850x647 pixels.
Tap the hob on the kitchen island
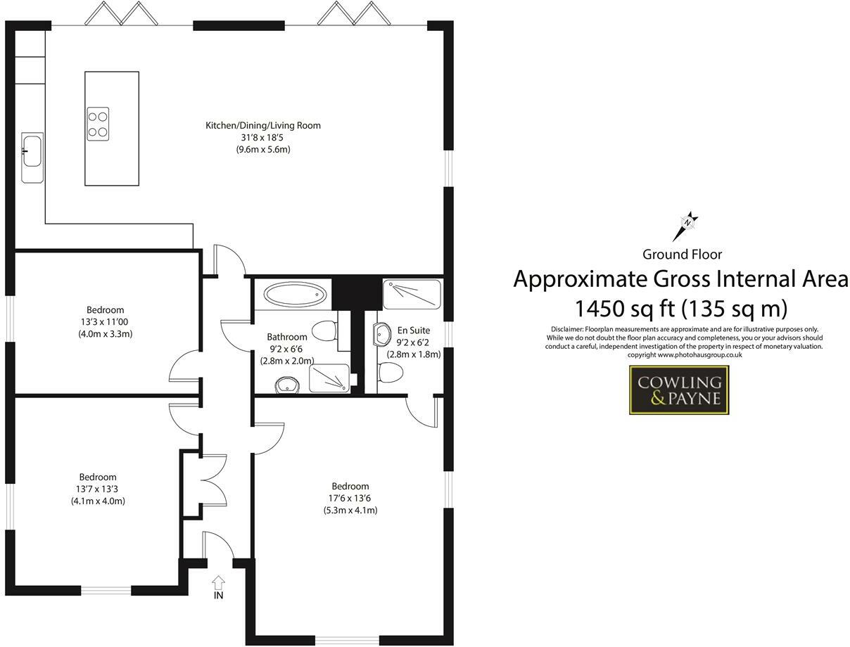(x=98, y=124)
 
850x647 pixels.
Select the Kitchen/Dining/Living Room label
(x=262, y=126)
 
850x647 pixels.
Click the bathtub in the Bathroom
(x=295, y=293)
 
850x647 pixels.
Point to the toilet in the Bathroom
(x=326, y=329)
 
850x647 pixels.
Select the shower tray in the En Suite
(x=412, y=295)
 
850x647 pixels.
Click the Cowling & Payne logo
(x=678, y=390)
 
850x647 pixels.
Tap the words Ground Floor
(x=682, y=255)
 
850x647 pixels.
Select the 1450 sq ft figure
(x=621, y=308)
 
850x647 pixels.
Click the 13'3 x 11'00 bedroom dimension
(x=105, y=322)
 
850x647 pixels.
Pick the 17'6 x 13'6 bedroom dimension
(x=350, y=498)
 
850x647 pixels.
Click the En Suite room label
(x=413, y=330)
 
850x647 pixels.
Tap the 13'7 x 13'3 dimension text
(x=98, y=489)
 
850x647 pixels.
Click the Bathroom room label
(x=286, y=337)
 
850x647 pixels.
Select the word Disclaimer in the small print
(x=562, y=329)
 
